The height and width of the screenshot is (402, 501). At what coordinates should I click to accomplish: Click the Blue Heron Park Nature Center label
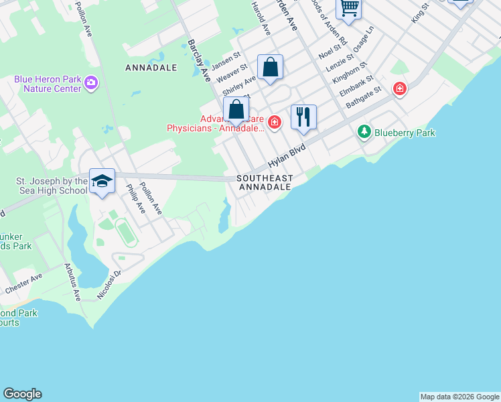pyautogui.click(x=47, y=84)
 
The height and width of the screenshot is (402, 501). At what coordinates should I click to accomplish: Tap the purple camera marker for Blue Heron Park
pyautogui.click(x=91, y=84)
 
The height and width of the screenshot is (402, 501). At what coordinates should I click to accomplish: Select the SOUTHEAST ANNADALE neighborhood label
pyautogui.click(x=264, y=182)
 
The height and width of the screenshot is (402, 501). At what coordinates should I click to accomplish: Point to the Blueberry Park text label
pyautogui.click(x=405, y=133)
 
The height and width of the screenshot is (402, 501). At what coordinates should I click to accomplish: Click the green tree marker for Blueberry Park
pyautogui.click(x=364, y=132)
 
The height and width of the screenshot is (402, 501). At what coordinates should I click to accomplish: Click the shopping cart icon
pyautogui.click(x=348, y=8)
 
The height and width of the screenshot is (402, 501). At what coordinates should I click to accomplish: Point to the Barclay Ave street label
pyautogui.click(x=199, y=60)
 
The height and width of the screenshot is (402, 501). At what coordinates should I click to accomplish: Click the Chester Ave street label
pyautogui.click(x=23, y=283)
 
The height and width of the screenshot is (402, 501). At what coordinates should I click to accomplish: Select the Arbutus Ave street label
pyautogui.click(x=72, y=285)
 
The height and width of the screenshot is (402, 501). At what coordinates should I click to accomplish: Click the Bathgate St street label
pyautogui.click(x=363, y=98)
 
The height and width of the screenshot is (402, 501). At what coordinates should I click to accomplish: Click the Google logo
pyautogui.click(x=22, y=394)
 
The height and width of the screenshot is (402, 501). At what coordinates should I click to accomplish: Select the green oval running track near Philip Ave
pyautogui.click(x=124, y=231)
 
